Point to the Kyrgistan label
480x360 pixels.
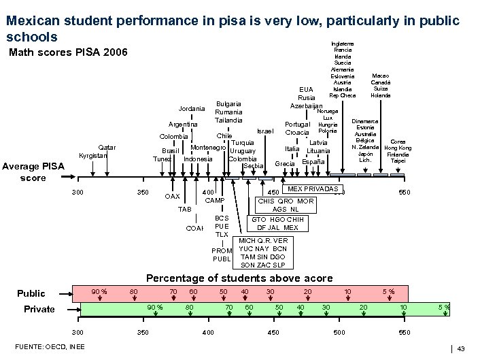[x=92, y=156]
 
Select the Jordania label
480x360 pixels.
[x=191, y=109]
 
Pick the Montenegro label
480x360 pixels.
[x=208, y=148]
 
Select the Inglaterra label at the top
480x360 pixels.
[x=343, y=44]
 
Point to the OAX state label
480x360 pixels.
[x=173, y=197]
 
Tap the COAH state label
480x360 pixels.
[x=194, y=228]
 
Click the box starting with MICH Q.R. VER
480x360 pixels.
[x=264, y=252]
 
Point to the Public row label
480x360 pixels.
[x=31, y=293]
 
